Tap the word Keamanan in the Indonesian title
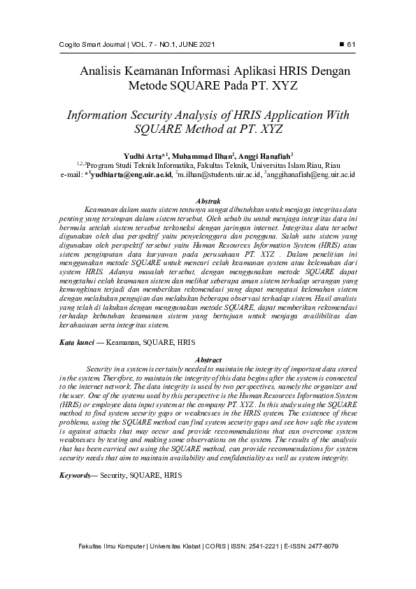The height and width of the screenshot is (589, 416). point(145,71)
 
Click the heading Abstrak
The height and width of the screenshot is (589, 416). point(208,200)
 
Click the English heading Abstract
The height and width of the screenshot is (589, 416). point(208,360)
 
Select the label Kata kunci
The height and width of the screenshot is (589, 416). point(76,343)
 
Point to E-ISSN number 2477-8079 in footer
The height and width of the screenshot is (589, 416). point(321,546)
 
